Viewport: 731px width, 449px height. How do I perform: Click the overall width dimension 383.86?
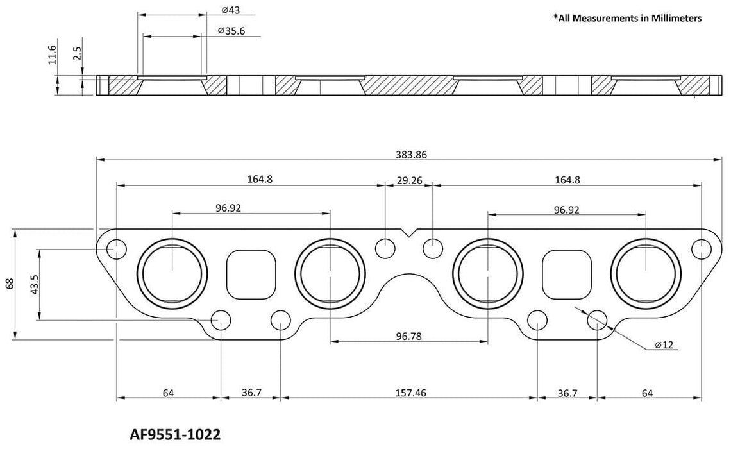point(410,155)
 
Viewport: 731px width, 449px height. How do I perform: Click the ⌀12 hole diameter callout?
point(664,345)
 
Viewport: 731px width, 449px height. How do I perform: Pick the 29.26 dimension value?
point(409,180)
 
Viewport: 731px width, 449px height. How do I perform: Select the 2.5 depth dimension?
point(77,54)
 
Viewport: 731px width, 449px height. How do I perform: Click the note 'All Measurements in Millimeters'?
point(627,19)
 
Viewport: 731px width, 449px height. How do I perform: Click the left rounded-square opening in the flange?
point(252,271)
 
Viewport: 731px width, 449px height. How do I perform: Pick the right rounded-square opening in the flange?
point(566,271)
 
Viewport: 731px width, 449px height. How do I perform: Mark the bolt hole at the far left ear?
point(116,248)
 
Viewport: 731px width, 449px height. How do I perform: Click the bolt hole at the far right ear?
point(702,248)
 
